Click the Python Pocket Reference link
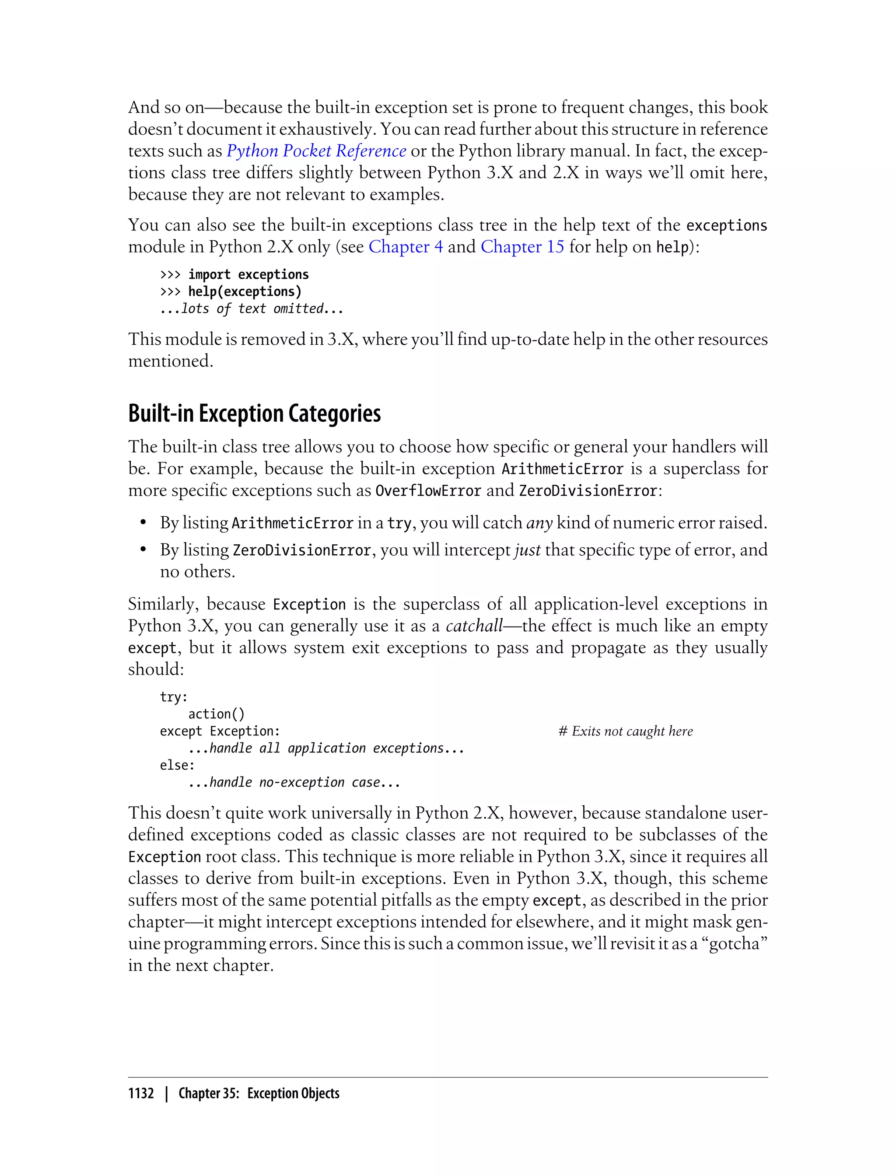[x=316, y=151]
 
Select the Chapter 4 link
[x=405, y=247]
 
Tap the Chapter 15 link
[x=522, y=247]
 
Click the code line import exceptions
[x=248, y=275]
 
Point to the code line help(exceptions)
[x=245, y=292]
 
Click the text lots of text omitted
[x=252, y=309]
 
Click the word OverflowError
[x=428, y=491]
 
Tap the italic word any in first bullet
[x=539, y=523]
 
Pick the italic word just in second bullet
[x=528, y=550]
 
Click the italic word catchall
[x=474, y=626]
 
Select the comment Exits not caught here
[x=626, y=731]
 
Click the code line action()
[x=216, y=714]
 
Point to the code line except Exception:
[x=220, y=731]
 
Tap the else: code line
[x=178, y=765]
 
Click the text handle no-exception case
[x=294, y=782]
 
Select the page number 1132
[x=141, y=1093]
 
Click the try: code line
[x=174, y=697]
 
